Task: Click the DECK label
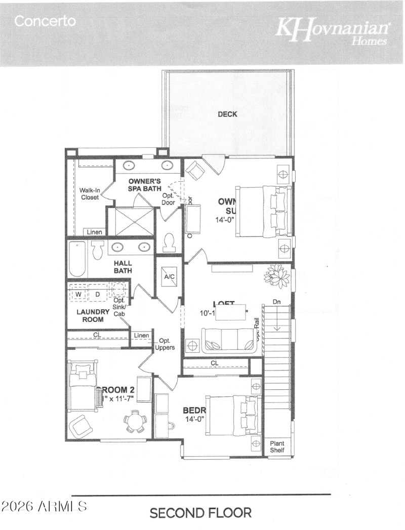227,114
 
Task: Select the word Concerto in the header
45,21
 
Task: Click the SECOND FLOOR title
200,513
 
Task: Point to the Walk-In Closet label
90,194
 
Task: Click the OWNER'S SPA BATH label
144,185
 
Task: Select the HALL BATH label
123,267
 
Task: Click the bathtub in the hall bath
78,259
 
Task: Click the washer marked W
78,294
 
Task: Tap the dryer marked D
98,294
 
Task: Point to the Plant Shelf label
276,446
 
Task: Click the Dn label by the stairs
276,302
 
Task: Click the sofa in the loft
228,340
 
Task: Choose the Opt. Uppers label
167,344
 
